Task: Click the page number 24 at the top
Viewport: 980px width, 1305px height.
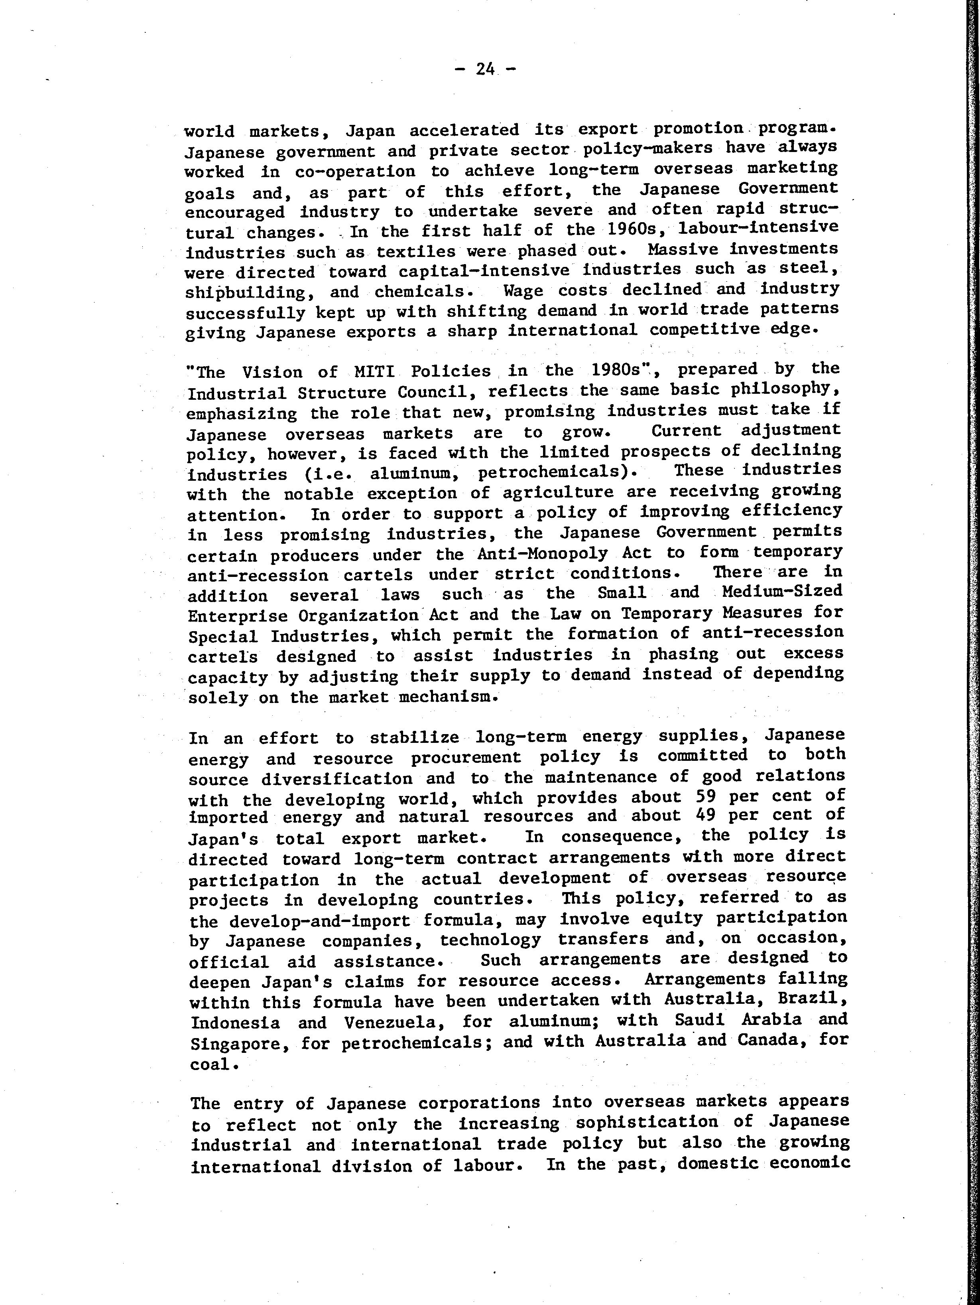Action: (x=485, y=69)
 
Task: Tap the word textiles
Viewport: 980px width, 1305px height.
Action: (x=416, y=252)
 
